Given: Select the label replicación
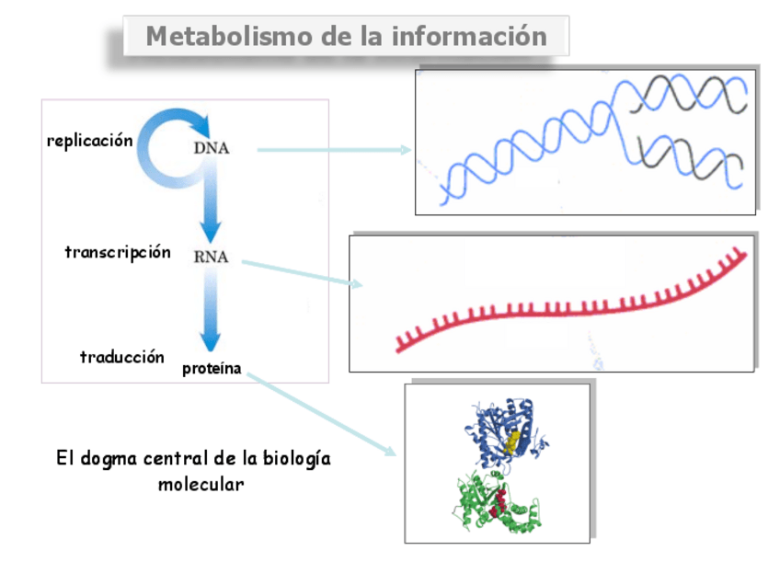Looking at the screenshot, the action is (90, 141).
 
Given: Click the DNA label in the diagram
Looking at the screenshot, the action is (212, 147).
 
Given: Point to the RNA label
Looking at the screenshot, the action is (211, 257).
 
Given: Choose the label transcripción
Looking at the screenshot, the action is (118, 252).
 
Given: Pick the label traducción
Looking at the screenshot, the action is (122, 357).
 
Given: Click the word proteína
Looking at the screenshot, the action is (212, 369).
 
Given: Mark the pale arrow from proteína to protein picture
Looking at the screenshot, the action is (322, 414).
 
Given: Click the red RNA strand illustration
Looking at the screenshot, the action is (570, 308).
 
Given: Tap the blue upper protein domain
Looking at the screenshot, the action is (501, 428).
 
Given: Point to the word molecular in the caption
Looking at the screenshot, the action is (201, 484).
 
